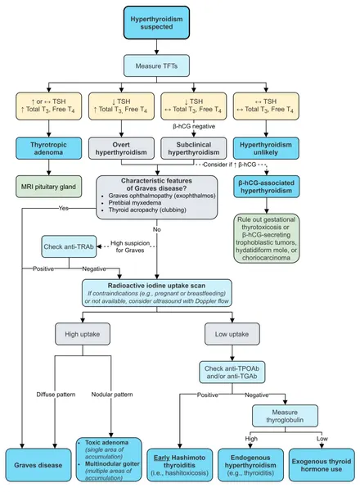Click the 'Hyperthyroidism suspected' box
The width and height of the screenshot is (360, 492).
tap(156, 23)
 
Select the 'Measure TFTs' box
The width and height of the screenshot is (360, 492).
tap(156, 65)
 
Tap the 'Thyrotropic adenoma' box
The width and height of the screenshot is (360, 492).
tap(48, 148)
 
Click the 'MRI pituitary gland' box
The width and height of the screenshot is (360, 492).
tap(48, 187)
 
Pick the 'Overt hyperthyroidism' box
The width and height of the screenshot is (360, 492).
tap(121, 148)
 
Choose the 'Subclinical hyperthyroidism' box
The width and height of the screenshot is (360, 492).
tap(193, 148)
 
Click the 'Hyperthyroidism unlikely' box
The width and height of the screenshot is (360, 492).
tap(266, 148)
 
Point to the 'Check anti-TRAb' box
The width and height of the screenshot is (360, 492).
tap(69, 246)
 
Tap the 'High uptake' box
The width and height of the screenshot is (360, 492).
tap(83, 334)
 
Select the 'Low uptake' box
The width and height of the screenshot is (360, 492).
tap(232, 334)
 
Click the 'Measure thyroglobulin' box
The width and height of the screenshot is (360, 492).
tap(285, 416)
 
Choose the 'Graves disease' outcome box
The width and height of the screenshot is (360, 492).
tap(38, 465)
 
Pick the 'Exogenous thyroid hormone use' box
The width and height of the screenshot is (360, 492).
tap(322, 465)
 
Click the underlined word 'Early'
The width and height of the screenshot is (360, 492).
tap(162, 458)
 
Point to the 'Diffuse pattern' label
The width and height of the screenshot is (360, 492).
tap(56, 395)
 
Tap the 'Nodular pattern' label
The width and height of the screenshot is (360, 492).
tap(112, 395)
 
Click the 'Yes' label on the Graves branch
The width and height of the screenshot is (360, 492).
tap(64, 208)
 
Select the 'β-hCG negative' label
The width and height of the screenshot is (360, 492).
tap(194, 126)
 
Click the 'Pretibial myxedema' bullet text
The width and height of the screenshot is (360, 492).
tap(135, 203)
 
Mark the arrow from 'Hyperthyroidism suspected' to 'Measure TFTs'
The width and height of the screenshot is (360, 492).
tap(156, 47)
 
